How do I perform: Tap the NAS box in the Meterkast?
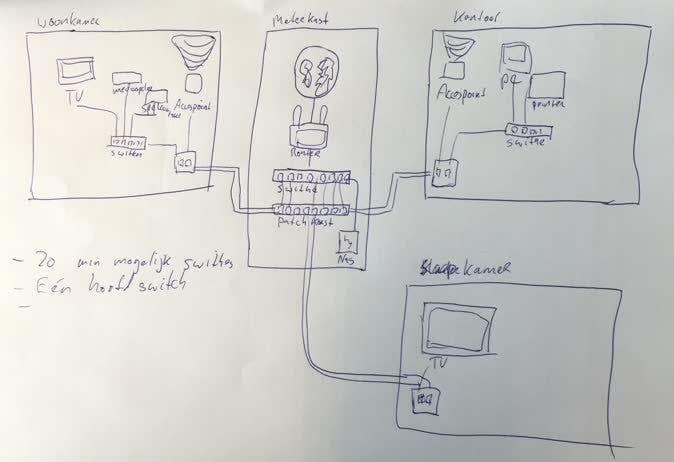point(349,242)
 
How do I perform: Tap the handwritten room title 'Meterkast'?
point(304,19)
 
